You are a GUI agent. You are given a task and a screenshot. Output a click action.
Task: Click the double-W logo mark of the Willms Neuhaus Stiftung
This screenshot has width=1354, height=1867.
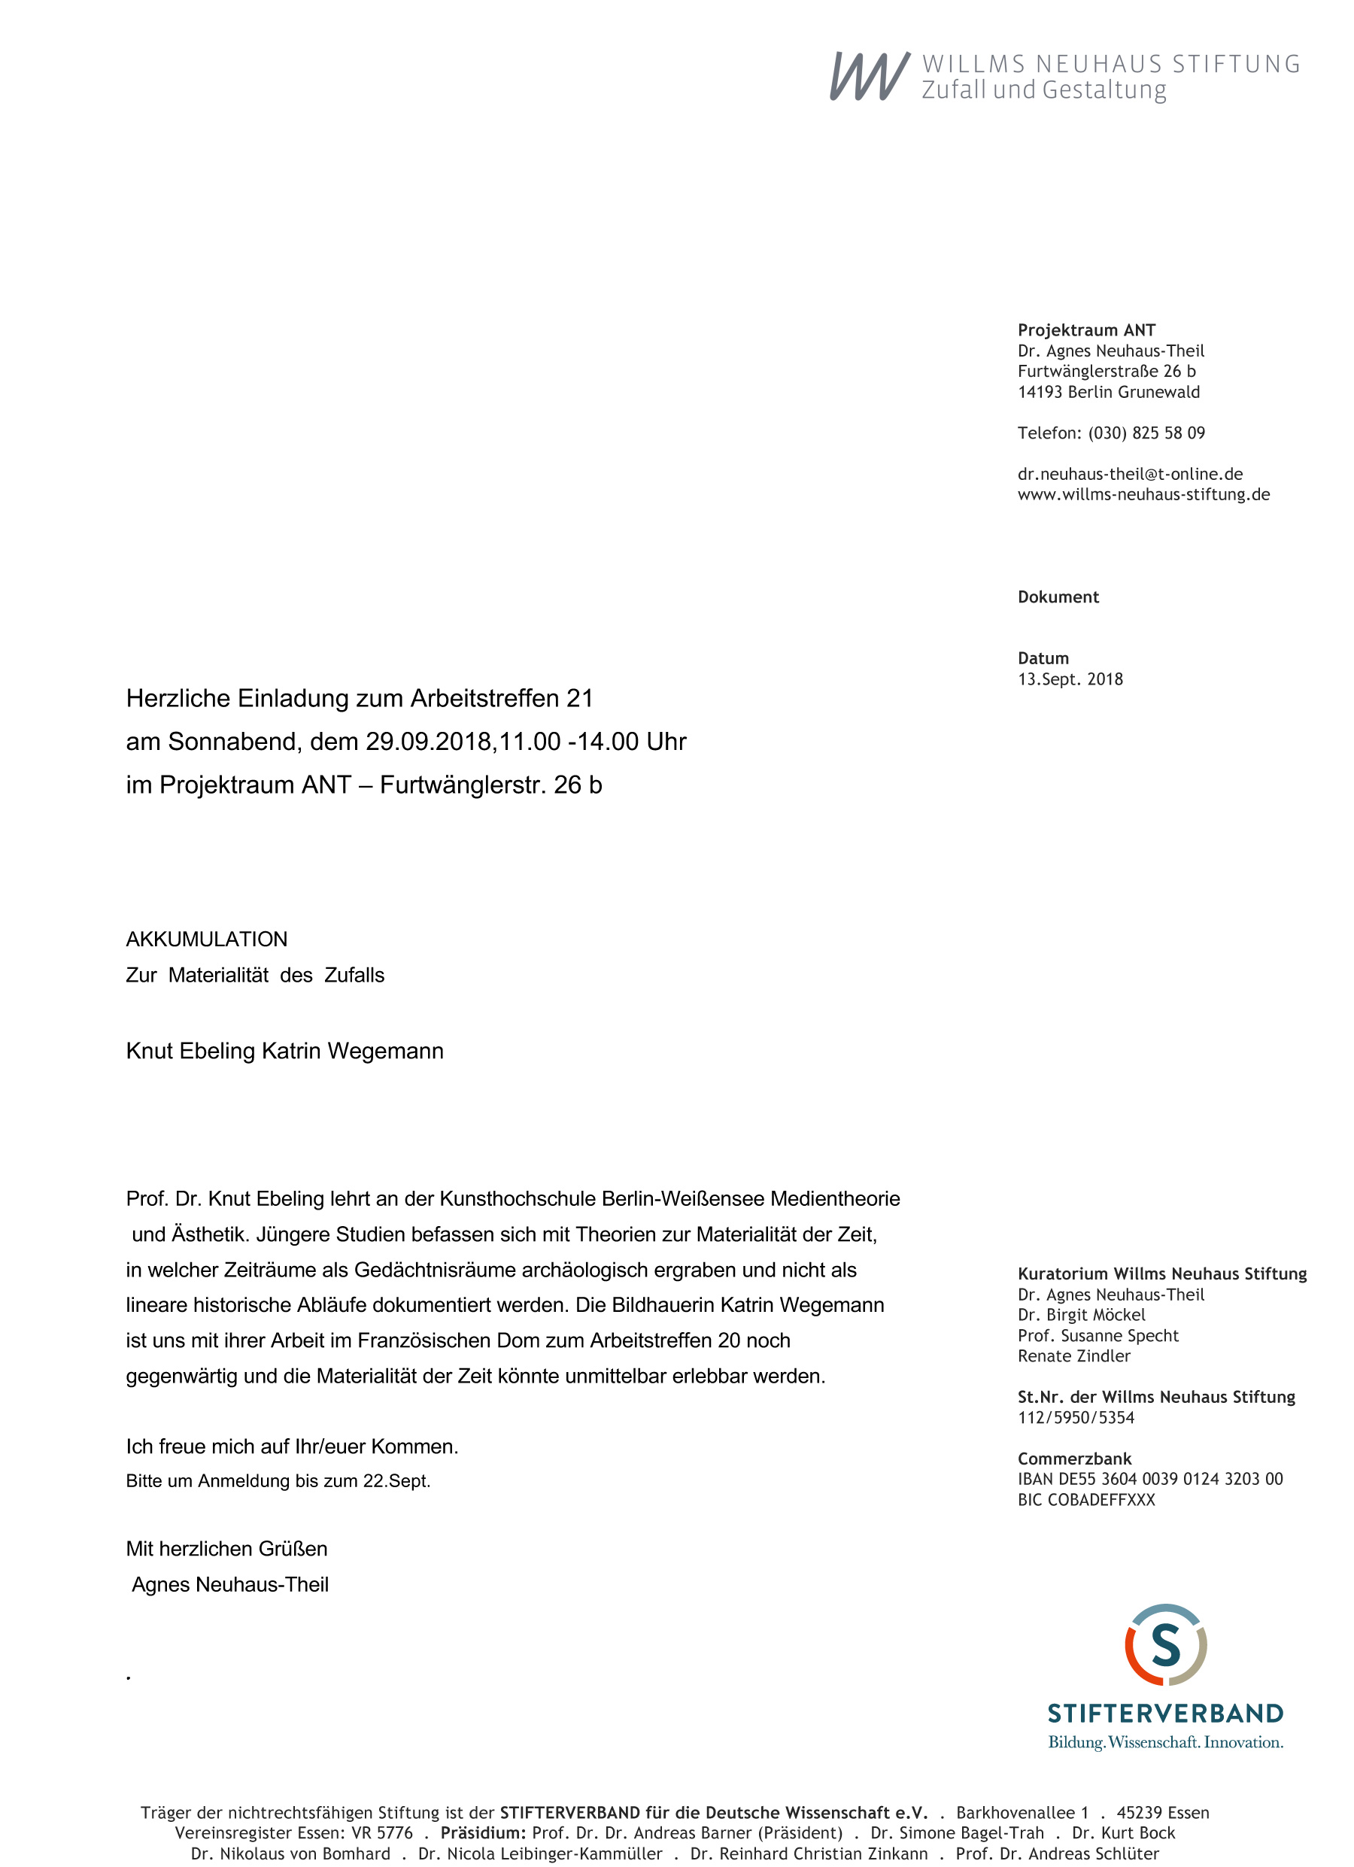(870, 76)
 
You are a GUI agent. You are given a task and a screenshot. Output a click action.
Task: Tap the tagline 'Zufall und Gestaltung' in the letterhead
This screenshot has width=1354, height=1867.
(1043, 90)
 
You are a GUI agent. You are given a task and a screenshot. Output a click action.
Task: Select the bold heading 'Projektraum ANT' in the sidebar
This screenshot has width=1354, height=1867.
(1085, 330)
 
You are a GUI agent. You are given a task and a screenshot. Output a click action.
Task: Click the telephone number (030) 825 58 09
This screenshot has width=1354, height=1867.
(1146, 433)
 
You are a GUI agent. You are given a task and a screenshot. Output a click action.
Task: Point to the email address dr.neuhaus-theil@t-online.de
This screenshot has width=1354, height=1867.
(1129, 474)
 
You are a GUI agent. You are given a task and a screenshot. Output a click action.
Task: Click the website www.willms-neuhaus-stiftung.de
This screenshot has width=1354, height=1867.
(1143, 495)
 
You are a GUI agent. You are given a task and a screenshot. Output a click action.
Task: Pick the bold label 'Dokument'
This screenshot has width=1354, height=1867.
(1058, 597)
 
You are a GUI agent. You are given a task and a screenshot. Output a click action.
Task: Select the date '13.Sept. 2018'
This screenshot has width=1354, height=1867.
(1070, 679)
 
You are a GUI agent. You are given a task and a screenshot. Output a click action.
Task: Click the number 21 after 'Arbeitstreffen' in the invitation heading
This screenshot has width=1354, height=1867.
(579, 698)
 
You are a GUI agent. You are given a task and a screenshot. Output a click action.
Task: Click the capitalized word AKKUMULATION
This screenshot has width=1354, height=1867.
(207, 940)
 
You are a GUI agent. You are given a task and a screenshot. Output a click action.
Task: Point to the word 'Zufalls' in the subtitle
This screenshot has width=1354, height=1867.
(354, 976)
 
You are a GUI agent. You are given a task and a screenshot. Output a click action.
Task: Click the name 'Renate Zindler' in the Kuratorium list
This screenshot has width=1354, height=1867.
(1073, 1355)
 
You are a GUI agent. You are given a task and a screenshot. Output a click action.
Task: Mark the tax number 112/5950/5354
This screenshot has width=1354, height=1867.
(1076, 1417)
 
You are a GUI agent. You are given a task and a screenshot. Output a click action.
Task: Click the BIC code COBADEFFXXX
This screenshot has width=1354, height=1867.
(1086, 1500)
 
